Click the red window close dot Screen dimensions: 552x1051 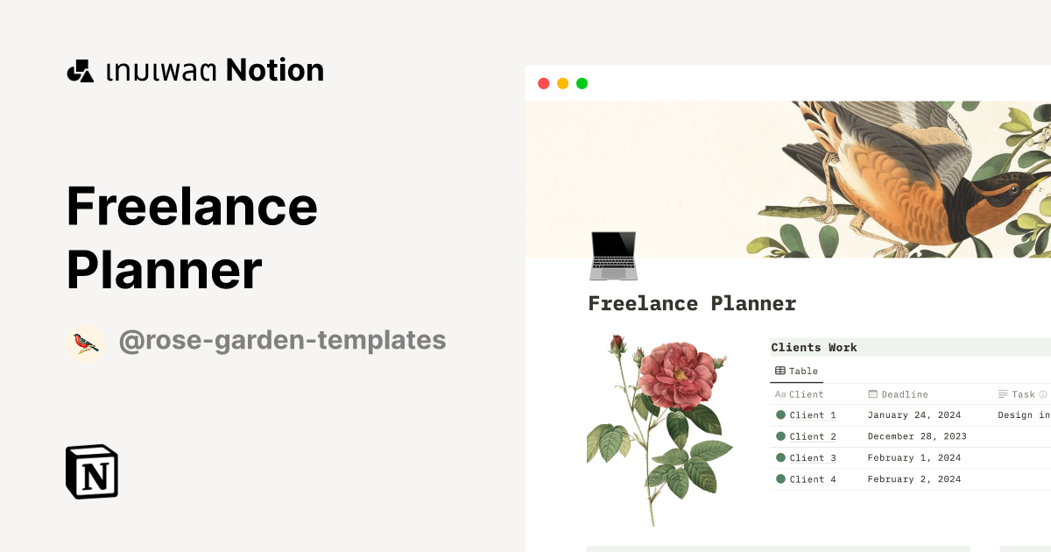pyautogui.click(x=543, y=83)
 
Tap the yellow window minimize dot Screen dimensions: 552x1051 pyautogui.click(x=562, y=83)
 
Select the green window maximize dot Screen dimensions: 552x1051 pyautogui.click(x=582, y=83)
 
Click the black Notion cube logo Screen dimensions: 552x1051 pyautogui.click(x=92, y=472)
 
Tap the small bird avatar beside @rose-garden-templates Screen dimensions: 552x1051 pyautogui.click(x=86, y=343)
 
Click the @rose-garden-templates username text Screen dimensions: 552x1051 pyautogui.click(x=282, y=340)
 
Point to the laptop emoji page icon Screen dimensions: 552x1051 pyautogui.click(x=613, y=256)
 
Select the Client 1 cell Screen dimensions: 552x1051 pyautogui.click(x=812, y=415)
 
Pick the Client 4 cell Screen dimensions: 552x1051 pyautogui.click(x=812, y=479)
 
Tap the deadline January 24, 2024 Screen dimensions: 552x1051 pyautogui.click(x=913, y=415)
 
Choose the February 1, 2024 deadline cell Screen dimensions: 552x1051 pyautogui.click(x=913, y=458)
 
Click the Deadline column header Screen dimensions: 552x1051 pyautogui.click(x=904, y=394)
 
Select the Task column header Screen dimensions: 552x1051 pyautogui.click(x=1022, y=394)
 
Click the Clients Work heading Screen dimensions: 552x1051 pyautogui.click(x=814, y=348)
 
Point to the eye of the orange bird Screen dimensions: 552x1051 pyautogui.click(x=1014, y=188)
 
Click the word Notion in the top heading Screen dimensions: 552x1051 pyautogui.click(x=275, y=70)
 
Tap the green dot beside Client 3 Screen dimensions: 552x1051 pyautogui.click(x=780, y=458)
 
